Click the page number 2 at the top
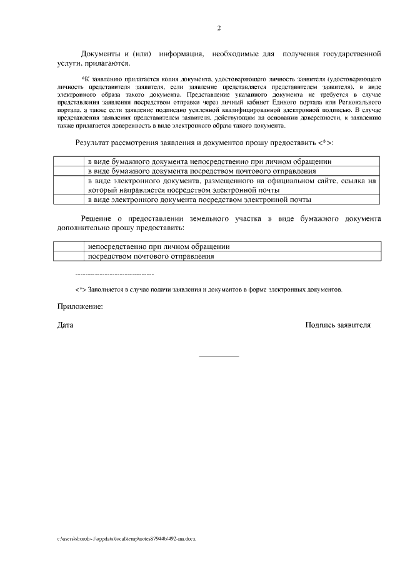click(219, 28)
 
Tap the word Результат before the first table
click(97, 143)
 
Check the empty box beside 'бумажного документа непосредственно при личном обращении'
click(69, 161)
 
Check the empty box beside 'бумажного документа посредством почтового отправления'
click(69, 170)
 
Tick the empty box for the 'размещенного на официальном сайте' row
click(69, 184)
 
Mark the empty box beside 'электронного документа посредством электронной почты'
click(69, 200)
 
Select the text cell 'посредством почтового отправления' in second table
click(151, 256)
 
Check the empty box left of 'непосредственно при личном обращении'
click(69, 247)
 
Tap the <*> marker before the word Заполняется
click(80, 290)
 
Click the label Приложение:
click(79, 306)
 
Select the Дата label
click(65, 325)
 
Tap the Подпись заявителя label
click(337, 325)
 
